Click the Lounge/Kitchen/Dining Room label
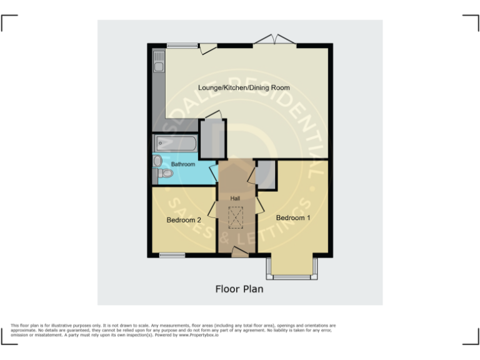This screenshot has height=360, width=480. (244, 87)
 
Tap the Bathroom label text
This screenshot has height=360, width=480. (183, 164)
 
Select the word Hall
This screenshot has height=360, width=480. (235, 198)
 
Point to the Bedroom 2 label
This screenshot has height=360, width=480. (184, 220)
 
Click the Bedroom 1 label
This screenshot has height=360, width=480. (293, 217)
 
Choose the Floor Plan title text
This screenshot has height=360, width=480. (239, 289)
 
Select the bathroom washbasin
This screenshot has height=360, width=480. (157, 161)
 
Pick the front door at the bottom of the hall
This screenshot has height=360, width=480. (239, 252)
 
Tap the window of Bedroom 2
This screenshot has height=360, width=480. (172, 255)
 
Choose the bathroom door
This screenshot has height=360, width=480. (214, 171)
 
